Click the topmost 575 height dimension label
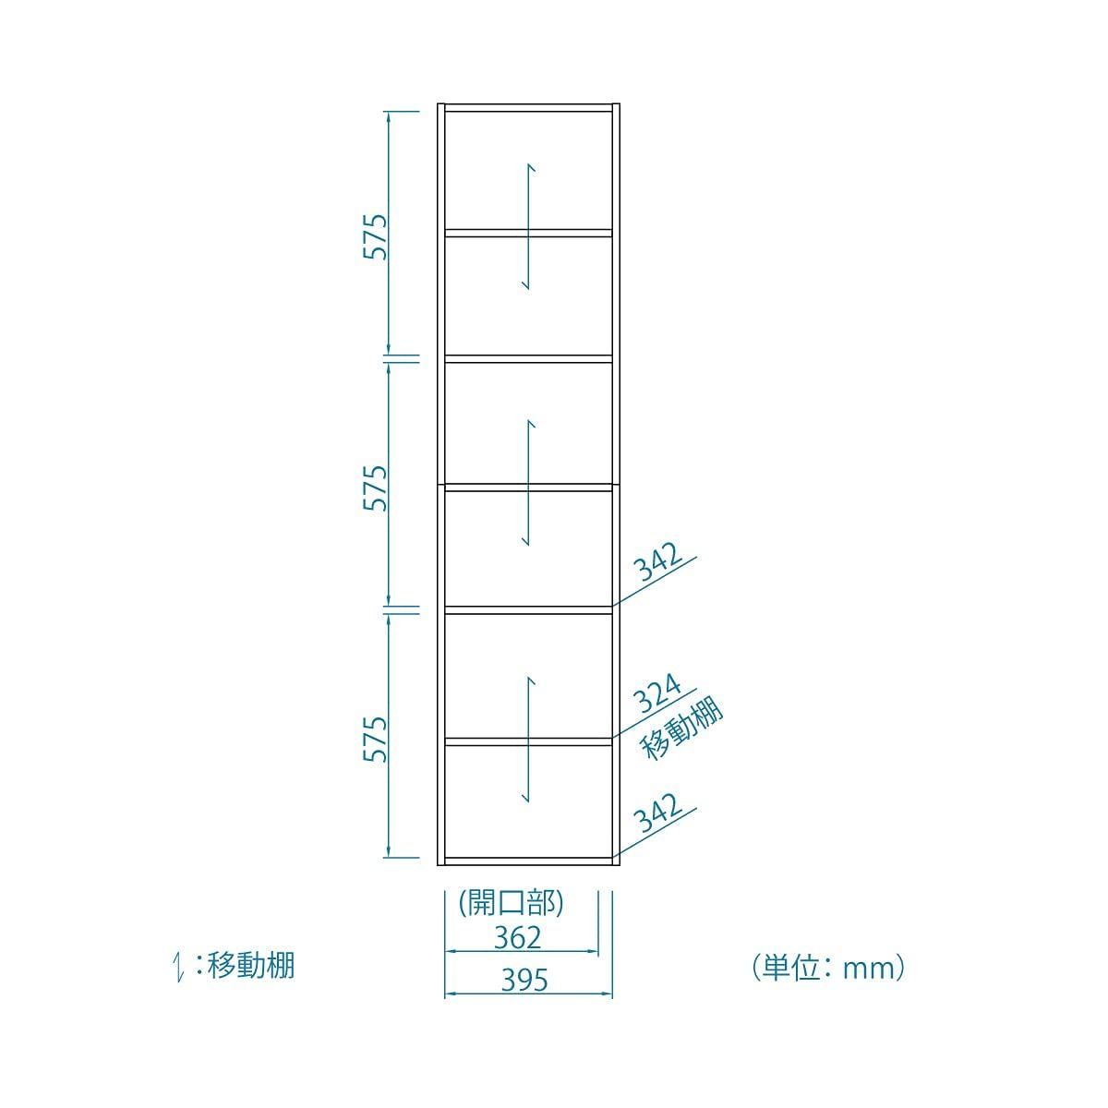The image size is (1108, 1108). coord(376,237)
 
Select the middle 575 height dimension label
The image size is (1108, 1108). coord(376,488)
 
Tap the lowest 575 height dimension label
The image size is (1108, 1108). coord(376,740)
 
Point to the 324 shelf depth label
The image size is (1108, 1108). coord(657,694)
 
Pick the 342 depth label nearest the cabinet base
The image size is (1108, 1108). coord(657,813)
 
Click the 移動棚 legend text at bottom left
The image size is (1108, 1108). coord(251,966)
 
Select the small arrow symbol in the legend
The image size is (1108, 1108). coord(180,967)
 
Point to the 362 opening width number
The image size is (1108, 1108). coord(517,938)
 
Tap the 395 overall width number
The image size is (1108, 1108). coord(524,981)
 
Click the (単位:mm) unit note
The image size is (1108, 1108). coord(828,969)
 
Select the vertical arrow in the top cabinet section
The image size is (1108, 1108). coord(528,226)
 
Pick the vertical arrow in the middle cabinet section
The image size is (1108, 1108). coord(528,482)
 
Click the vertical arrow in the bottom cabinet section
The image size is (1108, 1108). coord(528,740)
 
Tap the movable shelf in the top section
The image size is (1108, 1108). coord(528,233)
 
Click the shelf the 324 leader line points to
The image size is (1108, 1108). coord(528,741)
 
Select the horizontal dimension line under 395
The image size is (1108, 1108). coord(528,994)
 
